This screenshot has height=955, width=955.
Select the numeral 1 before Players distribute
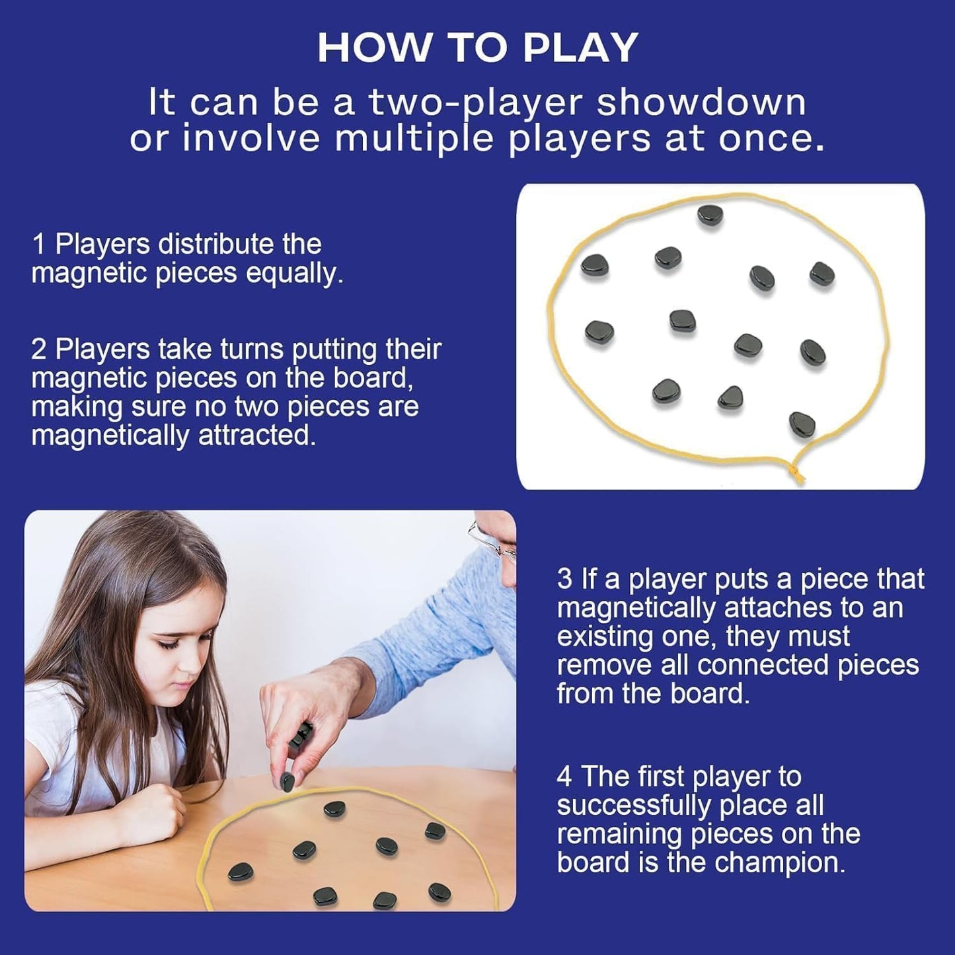[39, 245]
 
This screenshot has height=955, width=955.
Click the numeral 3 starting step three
[564, 579]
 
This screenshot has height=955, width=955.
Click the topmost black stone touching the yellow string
[710, 215]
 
